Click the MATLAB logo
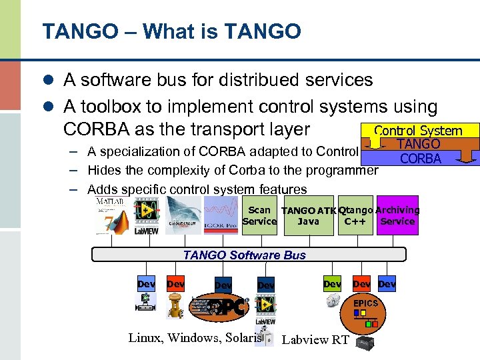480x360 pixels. pyautogui.click(x=111, y=215)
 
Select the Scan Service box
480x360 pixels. pyautogui.click(x=259, y=215)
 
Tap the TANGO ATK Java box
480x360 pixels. pyautogui.click(x=307, y=216)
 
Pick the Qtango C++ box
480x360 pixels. pyautogui.click(x=355, y=216)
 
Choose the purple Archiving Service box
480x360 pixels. pyautogui.click(x=397, y=215)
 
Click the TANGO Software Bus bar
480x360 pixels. pyautogui.click(x=244, y=255)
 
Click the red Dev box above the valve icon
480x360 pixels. pyautogui.click(x=176, y=284)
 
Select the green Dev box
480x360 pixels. pyautogui.click(x=332, y=284)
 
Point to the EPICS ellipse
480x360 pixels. pyautogui.click(x=365, y=303)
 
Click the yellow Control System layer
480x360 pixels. pyautogui.click(x=418, y=131)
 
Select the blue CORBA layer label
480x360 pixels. pyautogui.click(x=421, y=158)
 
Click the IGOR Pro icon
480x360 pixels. pyautogui.click(x=221, y=215)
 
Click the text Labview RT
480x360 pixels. pyautogui.click(x=315, y=340)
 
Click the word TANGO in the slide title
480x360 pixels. pyautogui.click(x=73, y=31)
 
